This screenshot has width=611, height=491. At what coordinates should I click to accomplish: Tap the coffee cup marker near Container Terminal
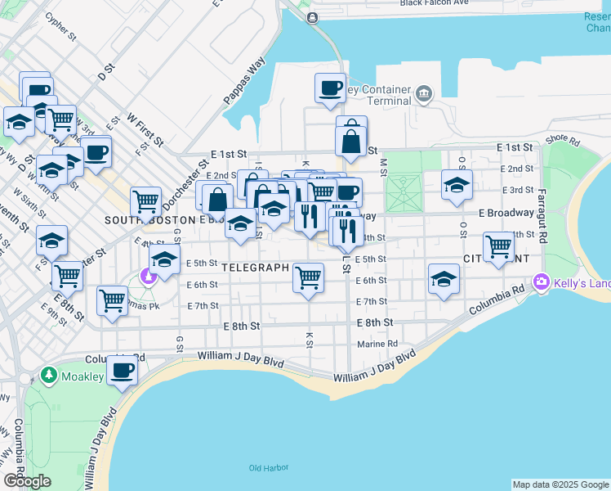click(x=331, y=88)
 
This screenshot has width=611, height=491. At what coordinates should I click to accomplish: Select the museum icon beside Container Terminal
click(x=423, y=93)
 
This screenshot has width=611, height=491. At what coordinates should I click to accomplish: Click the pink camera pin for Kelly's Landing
click(x=541, y=282)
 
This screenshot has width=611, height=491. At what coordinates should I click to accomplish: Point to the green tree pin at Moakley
click(x=48, y=376)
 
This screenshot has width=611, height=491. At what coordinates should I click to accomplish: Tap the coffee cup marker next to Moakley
click(x=122, y=371)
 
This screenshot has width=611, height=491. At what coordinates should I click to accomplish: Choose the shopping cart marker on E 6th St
click(x=308, y=278)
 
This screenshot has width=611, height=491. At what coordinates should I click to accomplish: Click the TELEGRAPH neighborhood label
click(x=256, y=268)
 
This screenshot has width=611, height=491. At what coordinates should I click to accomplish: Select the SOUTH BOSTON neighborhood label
click(x=148, y=220)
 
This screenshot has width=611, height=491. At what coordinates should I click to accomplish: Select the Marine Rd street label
click(x=376, y=344)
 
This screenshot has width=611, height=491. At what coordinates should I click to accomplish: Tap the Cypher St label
click(x=60, y=28)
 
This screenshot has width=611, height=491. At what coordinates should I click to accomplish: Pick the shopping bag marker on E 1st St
click(x=350, y=140)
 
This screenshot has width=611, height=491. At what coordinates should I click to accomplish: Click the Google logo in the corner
click(x=27, y=481)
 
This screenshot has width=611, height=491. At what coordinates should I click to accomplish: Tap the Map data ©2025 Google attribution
click(x=560, y=484)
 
